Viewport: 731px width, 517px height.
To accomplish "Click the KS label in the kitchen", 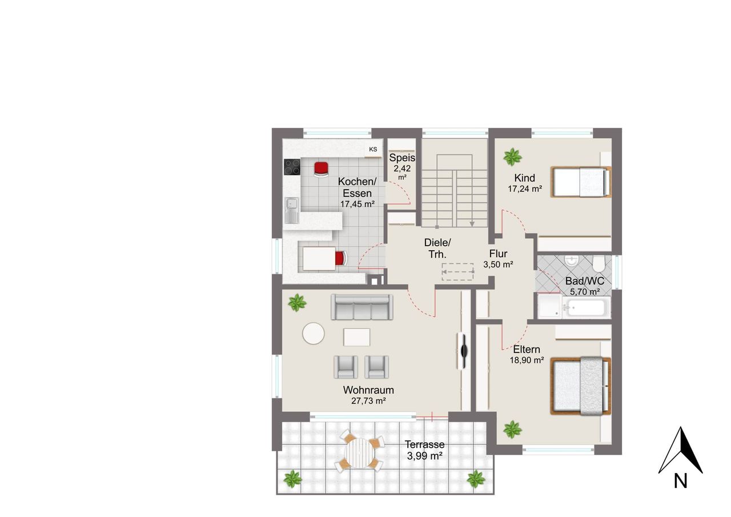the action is pyautogui.click(x=373, y=149).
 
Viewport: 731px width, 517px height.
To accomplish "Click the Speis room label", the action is pyautogui.click(x=402, y=158).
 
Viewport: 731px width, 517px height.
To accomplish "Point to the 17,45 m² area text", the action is pyautogui.click(x=358, y=204).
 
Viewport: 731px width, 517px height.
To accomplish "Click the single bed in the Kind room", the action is pyautogui.click(x=581, y=182).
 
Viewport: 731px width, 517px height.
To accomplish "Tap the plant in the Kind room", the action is pyautogui.click(x=512, y=157).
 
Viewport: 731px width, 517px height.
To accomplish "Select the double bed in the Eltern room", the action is pyautogui.click(x=581, y=386).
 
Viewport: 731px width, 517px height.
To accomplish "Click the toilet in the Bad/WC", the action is pyautogui.click(x=599, y=264).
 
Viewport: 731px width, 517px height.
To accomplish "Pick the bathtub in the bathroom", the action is pyautogui.click(x=587, y=307).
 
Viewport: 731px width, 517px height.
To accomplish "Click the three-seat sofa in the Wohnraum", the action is pyautogui.click(x=362, y=307).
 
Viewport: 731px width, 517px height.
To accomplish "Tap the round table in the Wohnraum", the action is pyautogui.click(x=314, y=333).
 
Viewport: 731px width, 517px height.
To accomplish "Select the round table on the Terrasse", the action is pyautogui.click(x=359, y=453).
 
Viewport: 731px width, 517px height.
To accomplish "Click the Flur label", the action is pyautogui.click(x=498, y=254).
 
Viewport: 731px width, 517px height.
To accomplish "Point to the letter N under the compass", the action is pyautogui.click(x=681, y=481).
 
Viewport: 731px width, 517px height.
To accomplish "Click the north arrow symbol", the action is pyautogui.click(x=681, y=450).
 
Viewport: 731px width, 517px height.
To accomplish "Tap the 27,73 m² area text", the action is pyautogui.click(x=368, y=401).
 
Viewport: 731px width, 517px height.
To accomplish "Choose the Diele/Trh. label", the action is pyautogui.click(x=437, y=249).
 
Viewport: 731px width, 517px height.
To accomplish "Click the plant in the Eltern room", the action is pyautogui.click(x=512, y=430).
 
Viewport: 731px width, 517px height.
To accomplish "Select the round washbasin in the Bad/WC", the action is pyautogui.click(x=572, y=260).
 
